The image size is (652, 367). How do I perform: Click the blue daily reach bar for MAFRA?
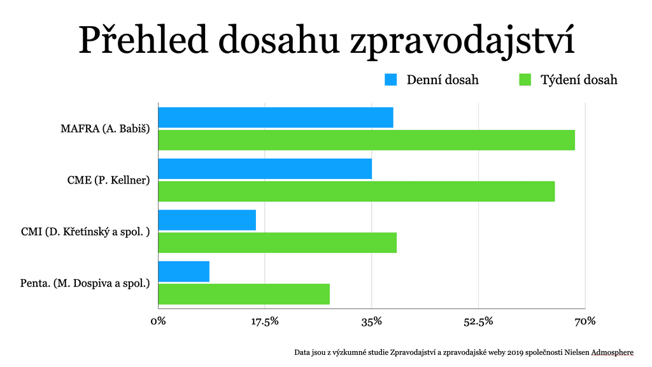click(275, 117)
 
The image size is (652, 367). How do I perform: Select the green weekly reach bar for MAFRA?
click(366, 140)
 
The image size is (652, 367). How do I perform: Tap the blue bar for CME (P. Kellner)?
click(264, 169)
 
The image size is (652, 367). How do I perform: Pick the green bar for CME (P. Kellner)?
click(356, 191)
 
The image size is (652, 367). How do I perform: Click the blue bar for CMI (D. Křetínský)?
click(206, 220)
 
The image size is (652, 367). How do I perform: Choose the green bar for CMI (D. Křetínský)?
click(277, 243)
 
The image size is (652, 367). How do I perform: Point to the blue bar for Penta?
click(183, 271)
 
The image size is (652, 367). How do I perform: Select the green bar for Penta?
click(243, 294)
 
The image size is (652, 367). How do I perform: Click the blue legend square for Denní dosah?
click(390, 80)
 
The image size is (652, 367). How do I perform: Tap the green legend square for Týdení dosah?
click(525, 80)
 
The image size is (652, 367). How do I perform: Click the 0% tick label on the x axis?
click(158, 321)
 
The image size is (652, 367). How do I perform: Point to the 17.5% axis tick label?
click(265, 321)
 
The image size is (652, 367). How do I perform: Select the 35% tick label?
click(371, 321)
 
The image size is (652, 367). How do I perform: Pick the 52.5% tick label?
click(478, 321)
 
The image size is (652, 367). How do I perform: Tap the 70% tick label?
click(585, 321)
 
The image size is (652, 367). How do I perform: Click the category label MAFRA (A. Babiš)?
click(104, 129)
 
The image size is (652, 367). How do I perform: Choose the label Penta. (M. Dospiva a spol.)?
click(85, 283)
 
